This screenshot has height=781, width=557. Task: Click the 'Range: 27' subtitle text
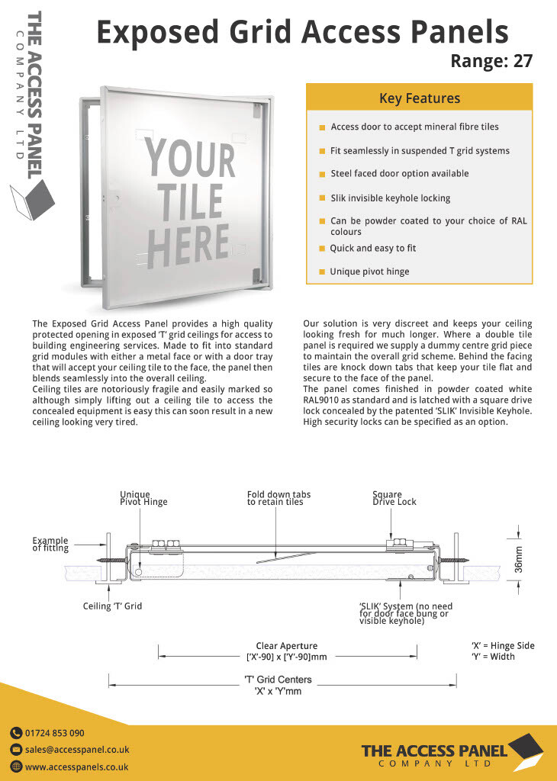491,61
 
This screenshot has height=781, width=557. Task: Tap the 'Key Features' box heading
419,98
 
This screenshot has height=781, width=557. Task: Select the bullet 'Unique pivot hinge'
369,272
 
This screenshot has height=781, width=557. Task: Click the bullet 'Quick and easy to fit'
372,248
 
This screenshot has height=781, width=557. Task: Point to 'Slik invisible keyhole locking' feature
390,198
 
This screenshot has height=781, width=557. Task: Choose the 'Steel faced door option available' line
399,173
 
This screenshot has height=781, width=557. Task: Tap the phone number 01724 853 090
55,733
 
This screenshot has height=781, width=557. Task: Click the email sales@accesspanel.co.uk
77,750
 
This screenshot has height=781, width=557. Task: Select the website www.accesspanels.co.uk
76,767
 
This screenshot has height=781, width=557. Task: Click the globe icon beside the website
16,767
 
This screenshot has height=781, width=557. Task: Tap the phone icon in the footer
16,733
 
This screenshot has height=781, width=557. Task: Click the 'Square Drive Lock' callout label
394,498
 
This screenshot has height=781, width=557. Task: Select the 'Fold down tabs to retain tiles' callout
278,498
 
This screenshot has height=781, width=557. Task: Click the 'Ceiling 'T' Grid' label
112,606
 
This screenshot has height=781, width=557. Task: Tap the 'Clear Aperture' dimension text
286,646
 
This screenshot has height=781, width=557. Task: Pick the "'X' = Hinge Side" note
503,645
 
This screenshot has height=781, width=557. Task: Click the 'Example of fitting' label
50,545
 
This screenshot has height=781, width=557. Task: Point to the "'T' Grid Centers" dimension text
278,680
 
